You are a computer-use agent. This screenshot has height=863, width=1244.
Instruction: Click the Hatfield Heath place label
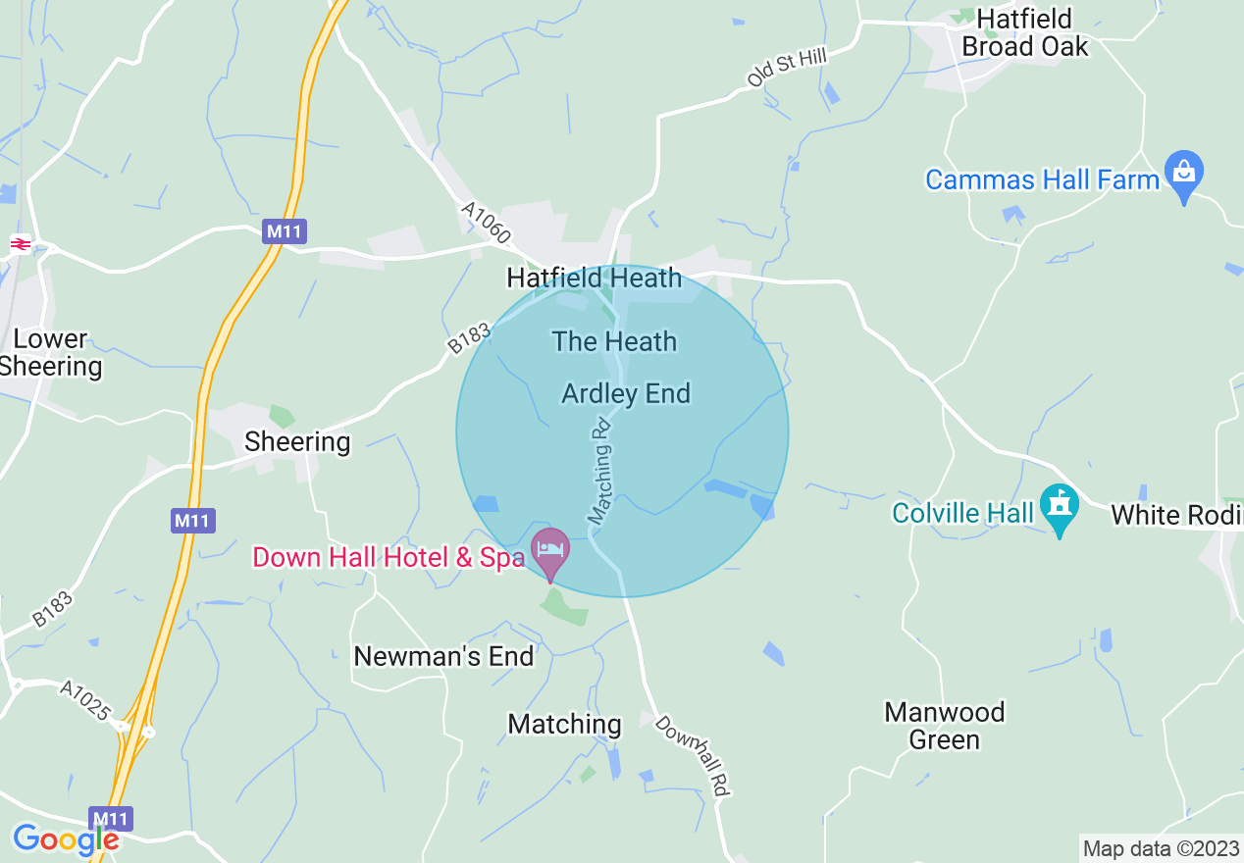(x=594, y=279)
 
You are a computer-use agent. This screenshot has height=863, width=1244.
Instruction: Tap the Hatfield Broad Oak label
(x=1024, y=33)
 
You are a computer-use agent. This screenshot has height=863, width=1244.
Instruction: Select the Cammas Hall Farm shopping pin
(x=1184, y=175)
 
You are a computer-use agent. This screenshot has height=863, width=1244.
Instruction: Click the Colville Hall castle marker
(x=1060, y=508)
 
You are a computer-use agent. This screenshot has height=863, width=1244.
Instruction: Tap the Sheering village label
(x=297, y=442)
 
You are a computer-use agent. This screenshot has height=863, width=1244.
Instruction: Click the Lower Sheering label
(x=51, y=353)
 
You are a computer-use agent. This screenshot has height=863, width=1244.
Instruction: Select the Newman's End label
(x=443, y=656)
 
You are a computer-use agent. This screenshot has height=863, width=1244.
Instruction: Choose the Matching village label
(x=564, y=725)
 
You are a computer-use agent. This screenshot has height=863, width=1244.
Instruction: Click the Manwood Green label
(x=945, y=726)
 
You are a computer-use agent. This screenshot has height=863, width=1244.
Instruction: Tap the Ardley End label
(x=626, y=394)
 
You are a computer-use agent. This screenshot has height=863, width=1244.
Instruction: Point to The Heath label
(x=614, y=342)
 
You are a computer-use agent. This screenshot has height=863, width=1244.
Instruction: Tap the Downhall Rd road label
(x=694, y=755)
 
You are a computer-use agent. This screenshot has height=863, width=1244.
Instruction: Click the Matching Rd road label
(x=599, y=470)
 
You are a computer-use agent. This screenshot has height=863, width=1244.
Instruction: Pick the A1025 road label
(x=85, y=700)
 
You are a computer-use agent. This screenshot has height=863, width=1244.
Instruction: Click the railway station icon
(x=20, y=242)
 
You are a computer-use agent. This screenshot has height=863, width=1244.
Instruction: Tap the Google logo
(x=65, y=839)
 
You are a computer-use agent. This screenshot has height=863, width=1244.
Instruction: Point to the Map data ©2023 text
(x=1160, y=848)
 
